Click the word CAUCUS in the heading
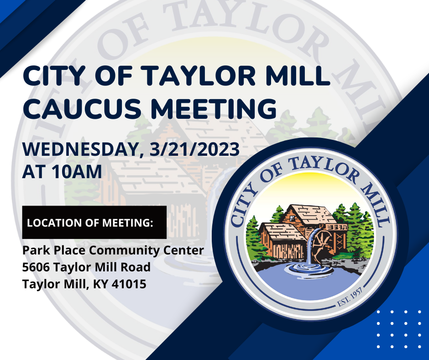(82, 108)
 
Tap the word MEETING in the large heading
(214, 108)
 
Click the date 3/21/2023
(194, 149)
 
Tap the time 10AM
(76, 172)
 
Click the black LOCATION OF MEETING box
(94, 222)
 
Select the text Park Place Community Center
(113, 251)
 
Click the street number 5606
(36, 267)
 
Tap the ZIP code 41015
(129, 284)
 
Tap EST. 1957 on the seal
(350, 297)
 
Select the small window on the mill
(293, 218)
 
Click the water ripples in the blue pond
(309, 268)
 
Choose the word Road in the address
(136, 267)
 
